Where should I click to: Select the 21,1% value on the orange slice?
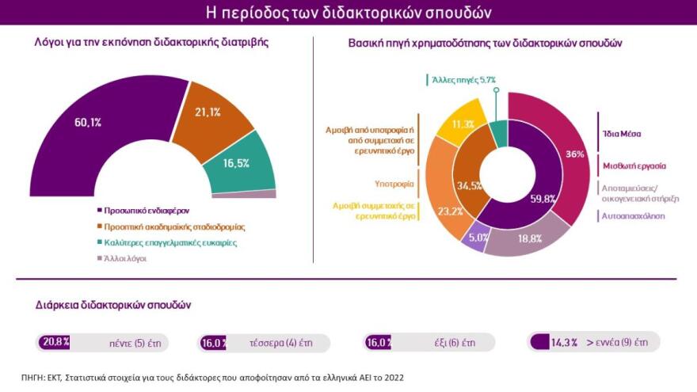point(208,112)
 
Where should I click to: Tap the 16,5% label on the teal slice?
point(238,162)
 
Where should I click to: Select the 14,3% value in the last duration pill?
point(564,342)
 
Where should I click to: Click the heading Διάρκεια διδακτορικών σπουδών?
point(112,304)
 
